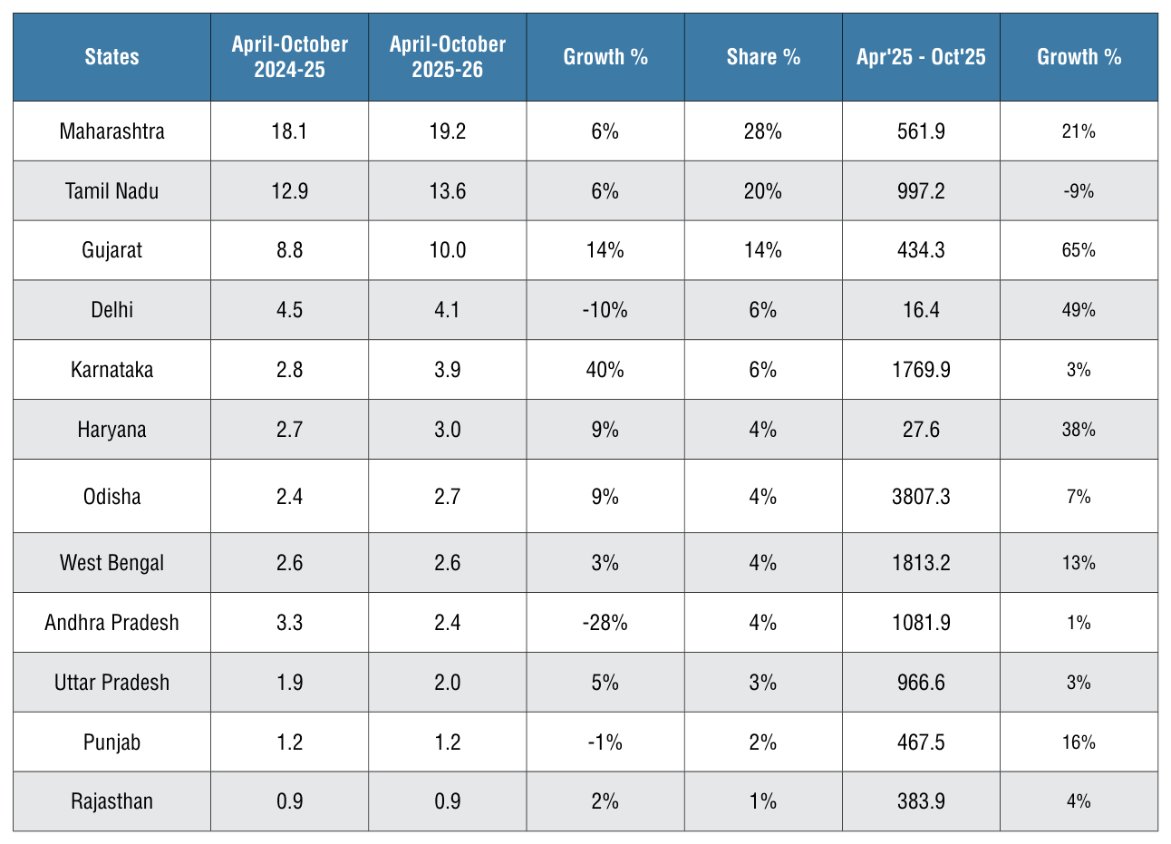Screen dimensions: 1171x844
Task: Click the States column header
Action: click(111, 57)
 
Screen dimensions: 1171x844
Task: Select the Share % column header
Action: click(763, 57)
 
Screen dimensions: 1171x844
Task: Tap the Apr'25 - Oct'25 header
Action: click(921, 57)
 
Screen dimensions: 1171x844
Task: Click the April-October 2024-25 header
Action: click(290, 57)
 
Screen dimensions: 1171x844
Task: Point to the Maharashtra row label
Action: click(111, 131)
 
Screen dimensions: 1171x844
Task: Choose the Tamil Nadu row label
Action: click(111, 191)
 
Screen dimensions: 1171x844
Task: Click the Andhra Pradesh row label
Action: click(111, 622)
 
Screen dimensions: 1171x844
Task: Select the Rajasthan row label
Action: click(111, 801)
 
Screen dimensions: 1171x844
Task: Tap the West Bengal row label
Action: click(111, 563)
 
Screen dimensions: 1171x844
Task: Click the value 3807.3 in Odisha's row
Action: click(921, 496)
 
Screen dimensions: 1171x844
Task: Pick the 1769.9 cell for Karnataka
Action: click(921, 370)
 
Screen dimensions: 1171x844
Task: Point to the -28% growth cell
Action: click(605, 622)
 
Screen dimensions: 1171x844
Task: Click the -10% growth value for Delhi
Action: click(605, 310)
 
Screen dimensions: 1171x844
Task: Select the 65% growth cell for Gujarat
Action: click(1079, 250)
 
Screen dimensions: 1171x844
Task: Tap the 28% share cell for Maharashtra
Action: click(763, 131)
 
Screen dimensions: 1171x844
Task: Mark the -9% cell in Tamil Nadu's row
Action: click(1079, 191)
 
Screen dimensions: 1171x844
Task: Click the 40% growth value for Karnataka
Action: click(605, 370)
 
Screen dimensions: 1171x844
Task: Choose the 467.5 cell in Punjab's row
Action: click(921, 742)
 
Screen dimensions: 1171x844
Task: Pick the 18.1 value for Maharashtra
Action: click(290, 131)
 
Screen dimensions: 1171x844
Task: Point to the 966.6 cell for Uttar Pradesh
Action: click(921, 683)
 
